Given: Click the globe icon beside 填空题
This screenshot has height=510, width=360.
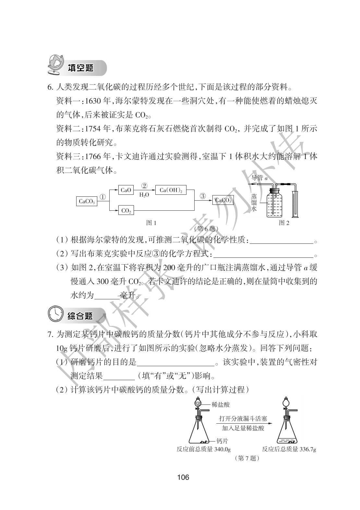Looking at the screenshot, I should pos(55,66).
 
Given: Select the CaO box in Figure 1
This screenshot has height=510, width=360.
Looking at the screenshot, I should pos(126,190).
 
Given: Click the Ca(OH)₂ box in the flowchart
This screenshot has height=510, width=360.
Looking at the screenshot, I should pos(171,190).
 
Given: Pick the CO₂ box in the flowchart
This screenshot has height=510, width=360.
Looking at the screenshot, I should pos(126,211).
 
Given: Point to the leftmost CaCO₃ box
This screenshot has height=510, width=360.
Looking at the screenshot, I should pos(87,201).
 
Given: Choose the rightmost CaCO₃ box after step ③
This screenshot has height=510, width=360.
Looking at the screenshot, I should pos(223,200).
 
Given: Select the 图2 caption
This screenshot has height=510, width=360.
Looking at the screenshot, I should pos(284,223).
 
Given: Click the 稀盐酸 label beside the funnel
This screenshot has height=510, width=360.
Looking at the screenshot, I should pos(221,404).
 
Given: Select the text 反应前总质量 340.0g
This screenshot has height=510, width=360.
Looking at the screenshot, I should pos(204,449).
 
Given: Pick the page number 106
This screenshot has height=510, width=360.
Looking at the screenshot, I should pos(183,477).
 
